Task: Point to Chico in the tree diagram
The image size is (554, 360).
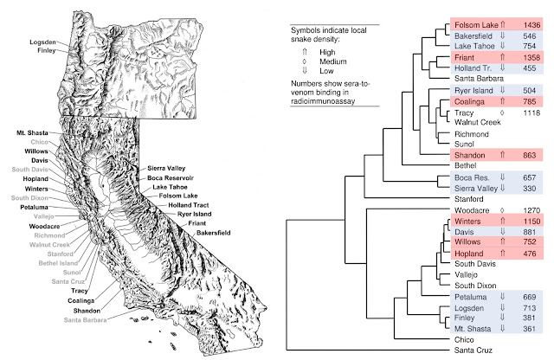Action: click(x=464, y=339)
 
